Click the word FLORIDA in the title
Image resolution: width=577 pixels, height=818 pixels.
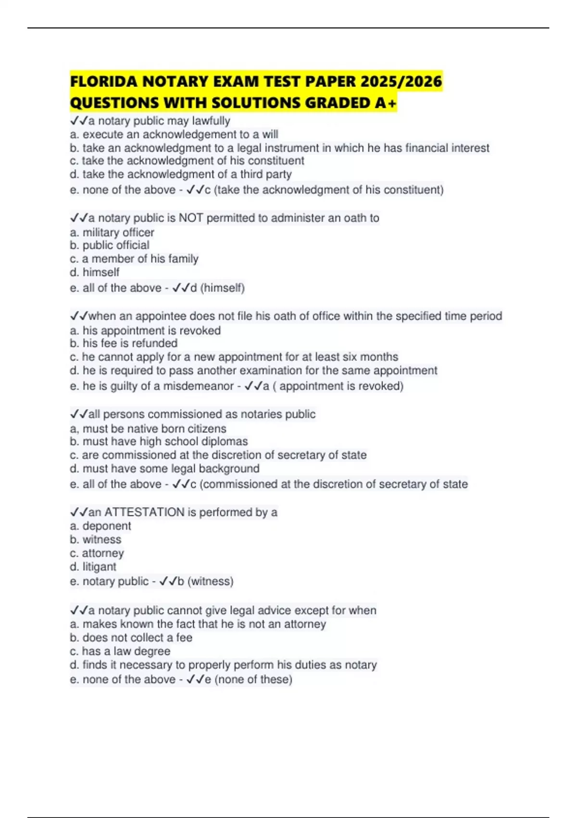click(x=103, y=81)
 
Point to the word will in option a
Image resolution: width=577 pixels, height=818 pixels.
click(x=270, y=134)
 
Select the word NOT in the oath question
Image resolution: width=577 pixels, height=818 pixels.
click(x=191, y=218)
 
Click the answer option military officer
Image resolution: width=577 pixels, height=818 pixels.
click(x=118, y=232)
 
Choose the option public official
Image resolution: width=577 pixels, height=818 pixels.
click(x=116, y=245)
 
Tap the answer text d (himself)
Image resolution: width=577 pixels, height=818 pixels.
click(x=217, y=288)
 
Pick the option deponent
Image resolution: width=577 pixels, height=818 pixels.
click(x=107, y=526)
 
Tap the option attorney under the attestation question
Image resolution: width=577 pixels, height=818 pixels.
click(x=103, y=553)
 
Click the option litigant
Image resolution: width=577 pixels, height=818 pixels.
click(x=100, y=567)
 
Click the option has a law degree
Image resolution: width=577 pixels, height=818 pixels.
click(x=126, y=651)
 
